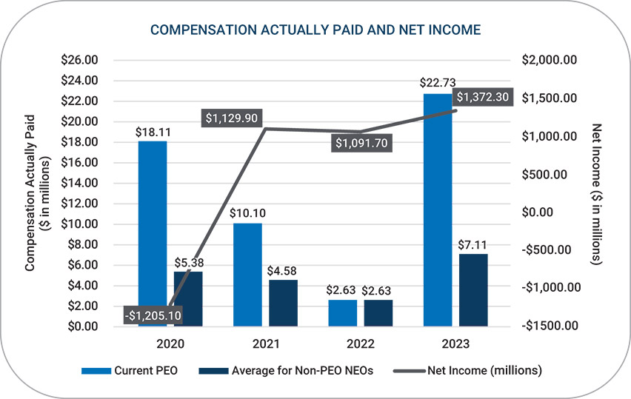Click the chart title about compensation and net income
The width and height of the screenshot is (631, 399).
[x=315, y=30]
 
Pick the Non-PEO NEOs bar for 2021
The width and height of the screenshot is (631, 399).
[x=283, y=303]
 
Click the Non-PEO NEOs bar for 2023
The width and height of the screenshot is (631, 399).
[x=473, y=289]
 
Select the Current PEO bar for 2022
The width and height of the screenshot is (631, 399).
[x=342, y=312]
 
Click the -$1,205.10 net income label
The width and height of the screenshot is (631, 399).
[x=153, y=315]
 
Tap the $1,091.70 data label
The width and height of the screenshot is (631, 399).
[x=361, y=143]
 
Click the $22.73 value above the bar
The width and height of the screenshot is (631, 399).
[x=438, y=83]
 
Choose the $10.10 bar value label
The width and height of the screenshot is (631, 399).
[x=247, y=212]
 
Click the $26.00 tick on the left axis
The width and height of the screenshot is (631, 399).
[x=82, y=60]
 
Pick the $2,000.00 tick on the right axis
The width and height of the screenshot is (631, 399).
[x=550, y=60]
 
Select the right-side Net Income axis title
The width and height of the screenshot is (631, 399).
[x=597, y=192]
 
